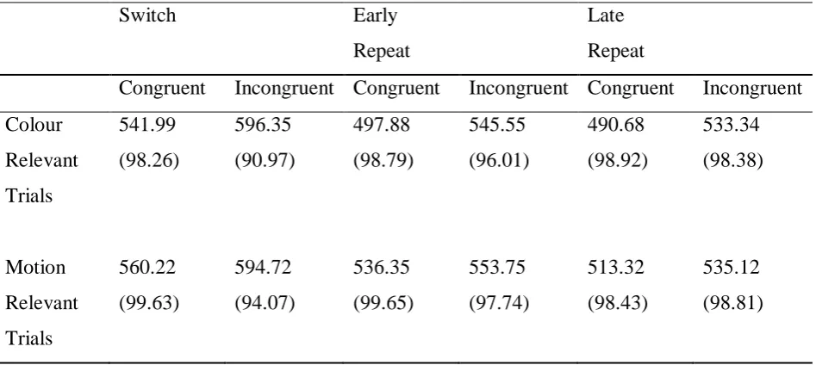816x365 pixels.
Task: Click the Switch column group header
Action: pos(147,15)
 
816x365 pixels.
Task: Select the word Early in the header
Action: pos(375,16)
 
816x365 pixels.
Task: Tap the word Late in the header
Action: pos(605,15)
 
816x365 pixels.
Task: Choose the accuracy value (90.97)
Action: pos(265,161)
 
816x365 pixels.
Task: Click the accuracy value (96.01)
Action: pos(499,161)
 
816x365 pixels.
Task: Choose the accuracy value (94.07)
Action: pos(265,303)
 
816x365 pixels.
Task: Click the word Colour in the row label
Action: pos(34,126)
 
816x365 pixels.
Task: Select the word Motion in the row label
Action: pos(35,268)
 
